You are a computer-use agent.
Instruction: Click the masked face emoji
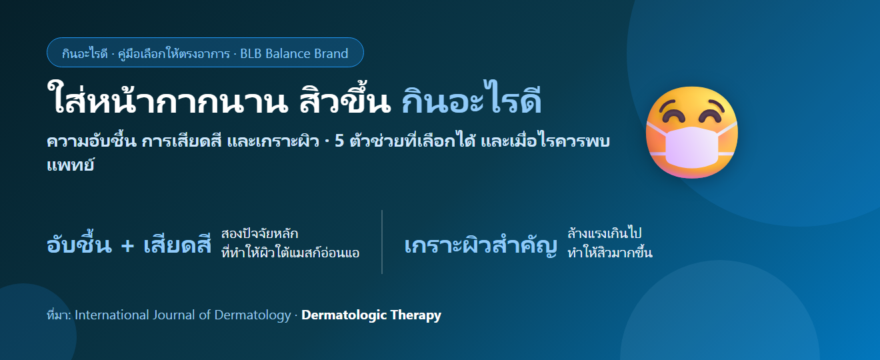(692, 133)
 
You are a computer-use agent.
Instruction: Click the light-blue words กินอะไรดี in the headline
(471, 98)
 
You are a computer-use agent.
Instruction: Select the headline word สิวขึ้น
(345, 99)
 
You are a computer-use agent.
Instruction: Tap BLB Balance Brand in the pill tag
(294, 53)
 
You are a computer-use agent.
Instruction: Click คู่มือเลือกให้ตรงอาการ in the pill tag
(173, 53)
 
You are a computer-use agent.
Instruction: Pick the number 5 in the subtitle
(339, 141)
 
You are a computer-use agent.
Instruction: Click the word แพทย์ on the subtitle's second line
(70, 165)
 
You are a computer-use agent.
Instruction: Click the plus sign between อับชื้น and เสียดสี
(128, 246)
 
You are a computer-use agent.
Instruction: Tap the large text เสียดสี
(177, 243)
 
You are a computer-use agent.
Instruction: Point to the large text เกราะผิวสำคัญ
(481, 245)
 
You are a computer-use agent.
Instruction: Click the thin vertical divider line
(382, 242)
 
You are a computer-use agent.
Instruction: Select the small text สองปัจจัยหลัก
(260, 234)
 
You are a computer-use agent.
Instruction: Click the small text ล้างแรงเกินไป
(604, 233)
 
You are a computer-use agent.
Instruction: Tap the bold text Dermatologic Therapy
(371, 315)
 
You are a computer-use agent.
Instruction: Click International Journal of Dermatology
(183, 315)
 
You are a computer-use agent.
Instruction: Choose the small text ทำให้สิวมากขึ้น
(610, 252)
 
